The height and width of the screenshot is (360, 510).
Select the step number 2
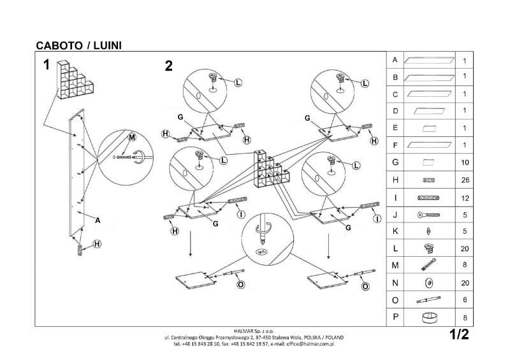pyautogui.click(x=168, y=65)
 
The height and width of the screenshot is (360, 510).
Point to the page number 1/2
pyautogui.click(x=458, y=334)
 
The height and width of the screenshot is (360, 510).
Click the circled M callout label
pyautogui.click(x=132, y=138)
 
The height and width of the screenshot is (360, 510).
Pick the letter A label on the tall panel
pyautogui.click(x=98, y=220)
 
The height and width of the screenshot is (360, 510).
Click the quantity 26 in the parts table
pyautogui.click(x=464, y=180)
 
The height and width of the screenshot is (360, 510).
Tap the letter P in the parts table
pyautogui.click(x=395, y=317)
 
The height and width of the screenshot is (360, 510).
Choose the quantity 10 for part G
pyautogui.click(x=464, y=163)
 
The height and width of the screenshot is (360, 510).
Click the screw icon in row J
pyautogui.click(x=428, y=215)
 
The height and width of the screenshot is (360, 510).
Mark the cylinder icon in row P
pyautogui.click(x=429, y=317)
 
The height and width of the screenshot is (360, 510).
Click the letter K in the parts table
pyautogui.click(x=395, y=231)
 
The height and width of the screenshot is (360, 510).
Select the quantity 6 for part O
pyautogui.click(x=464, y=299)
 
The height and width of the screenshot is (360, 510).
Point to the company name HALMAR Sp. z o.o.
pyautogui.click(x=255, y=331)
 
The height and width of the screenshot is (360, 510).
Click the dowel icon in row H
pyautogui.click(x=428, y=180)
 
